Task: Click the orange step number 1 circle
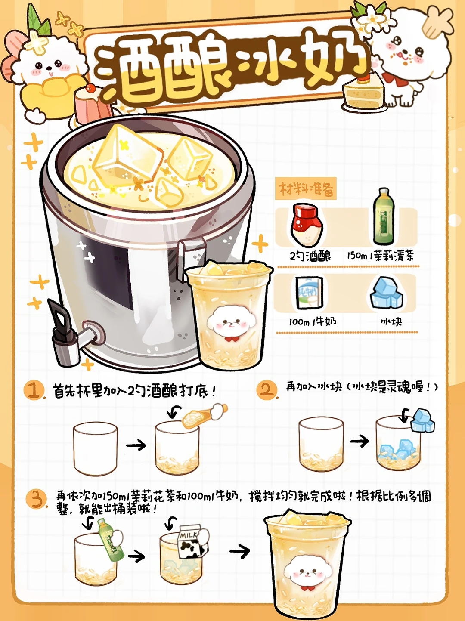pyautogui.click(x=34, y=390)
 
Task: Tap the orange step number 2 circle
pyautogui.click(x=267, y=389)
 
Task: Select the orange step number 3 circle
pyautogui.click(x=37, y=499)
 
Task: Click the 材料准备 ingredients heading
pyautogui.click(x=306, y=188)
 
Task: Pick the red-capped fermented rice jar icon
pyautogui.click(x=306, y=225)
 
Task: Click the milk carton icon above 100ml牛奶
pyautogui.click(x=309, y=293)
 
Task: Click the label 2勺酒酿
pyautogui.click(x=310, y=256)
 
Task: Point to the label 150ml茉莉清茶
pyautogui.click(x=380, y=256)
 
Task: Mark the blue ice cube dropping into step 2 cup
pyautogui.click(x=422, y=420)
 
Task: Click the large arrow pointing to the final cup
pyautogui.click(x=240, y=551)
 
